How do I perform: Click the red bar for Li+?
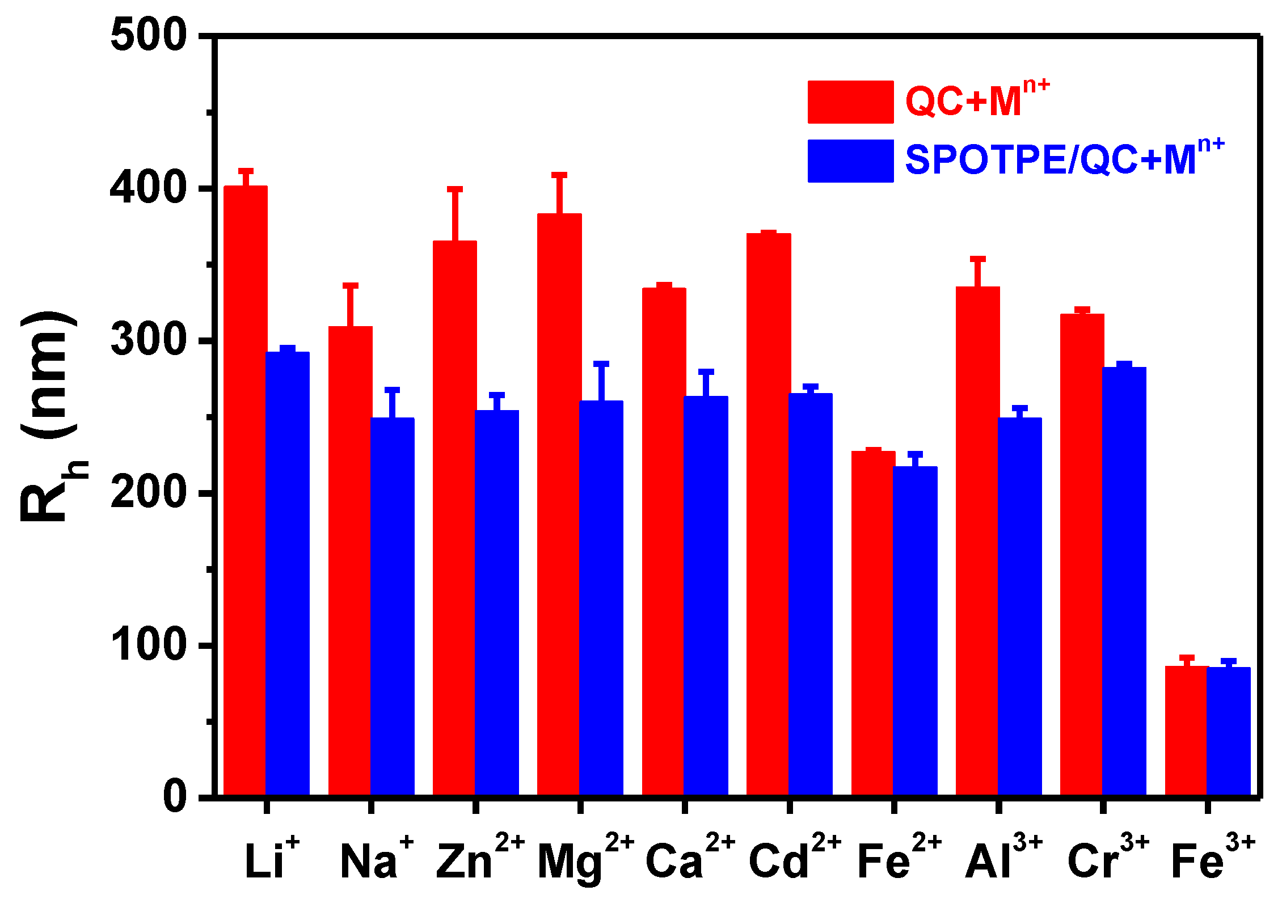coord(245,491)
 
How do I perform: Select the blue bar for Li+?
coord(288,573)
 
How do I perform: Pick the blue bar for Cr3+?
coord(1124,581)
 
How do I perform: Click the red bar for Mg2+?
coord(559,505)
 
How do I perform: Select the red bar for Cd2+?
coord(769,513)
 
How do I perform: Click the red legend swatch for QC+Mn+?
coord(850,102)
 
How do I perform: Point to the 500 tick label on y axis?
coord(149,35)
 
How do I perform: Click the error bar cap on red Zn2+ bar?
coord(455,189)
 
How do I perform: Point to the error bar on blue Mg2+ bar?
coord(601,381)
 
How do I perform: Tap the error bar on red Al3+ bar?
coord(978,272)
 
